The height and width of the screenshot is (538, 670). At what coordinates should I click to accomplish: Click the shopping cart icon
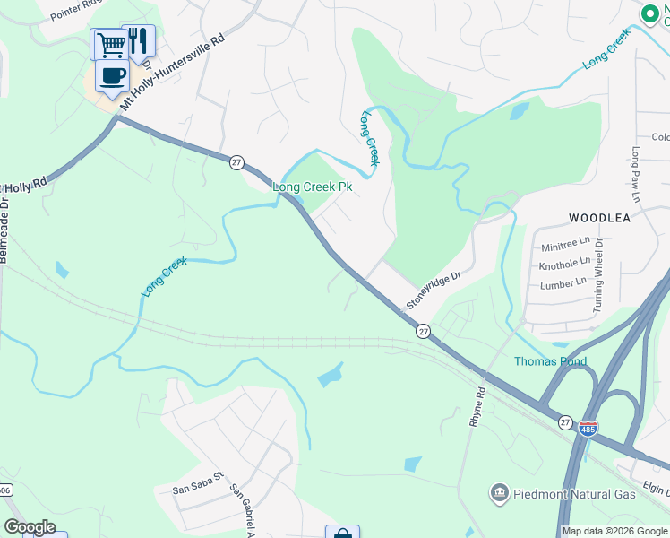pyautogui.click(x=110, y=43)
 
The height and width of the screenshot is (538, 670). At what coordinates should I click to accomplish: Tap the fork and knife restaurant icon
pyautogui.click(x=138, y=40)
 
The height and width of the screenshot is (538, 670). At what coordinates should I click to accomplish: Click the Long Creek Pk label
pyautogui.click(x=312, y=187)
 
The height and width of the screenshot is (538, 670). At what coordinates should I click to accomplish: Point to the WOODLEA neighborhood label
pyautogui.click(x=599, y=218)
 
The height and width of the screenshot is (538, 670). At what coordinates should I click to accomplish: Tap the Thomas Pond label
pyautogui.click(x=550, y=361)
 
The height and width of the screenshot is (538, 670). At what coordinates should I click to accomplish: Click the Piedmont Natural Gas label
pyautogui.click(x=573, y=494)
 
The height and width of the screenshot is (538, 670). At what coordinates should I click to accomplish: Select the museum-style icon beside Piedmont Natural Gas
pyautogui.click(x=499, y=493)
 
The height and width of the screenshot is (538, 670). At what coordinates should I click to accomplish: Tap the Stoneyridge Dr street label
pyautogui.click(x=433, y=291)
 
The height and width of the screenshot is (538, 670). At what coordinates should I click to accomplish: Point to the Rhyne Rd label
pyautogui.click(x=477, y=406)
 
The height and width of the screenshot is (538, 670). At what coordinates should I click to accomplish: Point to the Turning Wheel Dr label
pyautogui.click(x=597, y=275)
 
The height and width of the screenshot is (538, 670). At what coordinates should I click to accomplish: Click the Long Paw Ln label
pyautogui.click(x=637, y=174)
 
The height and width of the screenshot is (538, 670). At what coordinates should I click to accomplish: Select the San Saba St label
pyautogui.click(x=196, y=490)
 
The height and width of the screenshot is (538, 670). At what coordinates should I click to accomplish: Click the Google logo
pyautogui.click(x=30, y=527)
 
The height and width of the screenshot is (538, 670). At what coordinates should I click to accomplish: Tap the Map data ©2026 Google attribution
pyautogui.click(x=615, y=531)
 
